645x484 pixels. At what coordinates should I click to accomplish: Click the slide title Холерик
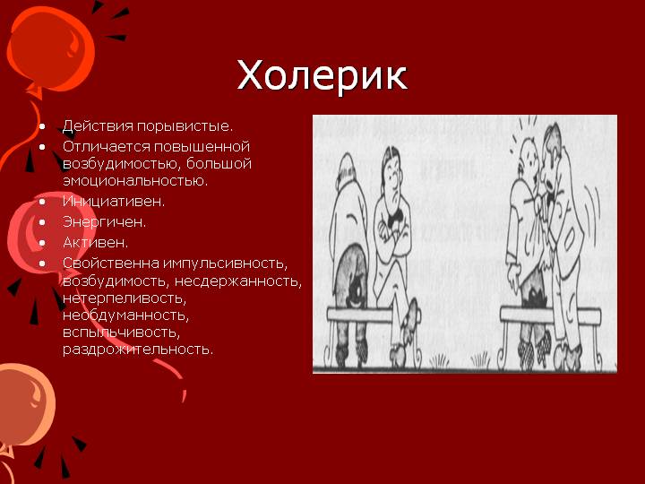coord(322,75)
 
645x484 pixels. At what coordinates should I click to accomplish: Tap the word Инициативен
coord(114,202)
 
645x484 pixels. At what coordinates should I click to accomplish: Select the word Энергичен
coord(104,222)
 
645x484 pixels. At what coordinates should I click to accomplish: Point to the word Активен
coord(96,242)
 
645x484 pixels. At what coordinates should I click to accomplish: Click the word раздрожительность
coord(138,350)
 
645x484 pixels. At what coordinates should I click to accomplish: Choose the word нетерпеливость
coord(125,298)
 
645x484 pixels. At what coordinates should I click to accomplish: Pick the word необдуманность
coord(126,315)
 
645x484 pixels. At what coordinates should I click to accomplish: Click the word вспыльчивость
coord(121,333)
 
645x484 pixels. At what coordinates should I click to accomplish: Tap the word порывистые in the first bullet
coord(185,126)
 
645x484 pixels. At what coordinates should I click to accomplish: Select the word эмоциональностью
coord(135,181)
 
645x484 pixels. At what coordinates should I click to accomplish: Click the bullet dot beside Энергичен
coord(42,222)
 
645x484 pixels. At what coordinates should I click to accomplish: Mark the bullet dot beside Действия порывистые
coord(42,126)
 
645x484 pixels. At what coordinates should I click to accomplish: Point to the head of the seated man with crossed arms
coord(391,169)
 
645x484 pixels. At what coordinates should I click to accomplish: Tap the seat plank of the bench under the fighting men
coord(550,315)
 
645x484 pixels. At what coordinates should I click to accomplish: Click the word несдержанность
coord(237,281)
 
